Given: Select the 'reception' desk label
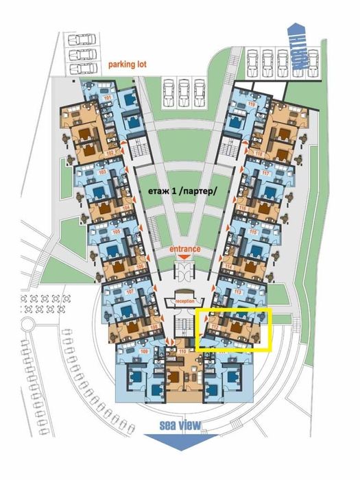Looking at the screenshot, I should click(x=185, y=301).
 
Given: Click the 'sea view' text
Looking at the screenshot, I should click(x=180, y=426).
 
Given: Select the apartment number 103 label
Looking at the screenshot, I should click(x=104, y=173).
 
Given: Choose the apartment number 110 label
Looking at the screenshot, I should click(x=182, y=352).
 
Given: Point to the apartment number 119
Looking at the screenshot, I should click(x=252, y=104).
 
